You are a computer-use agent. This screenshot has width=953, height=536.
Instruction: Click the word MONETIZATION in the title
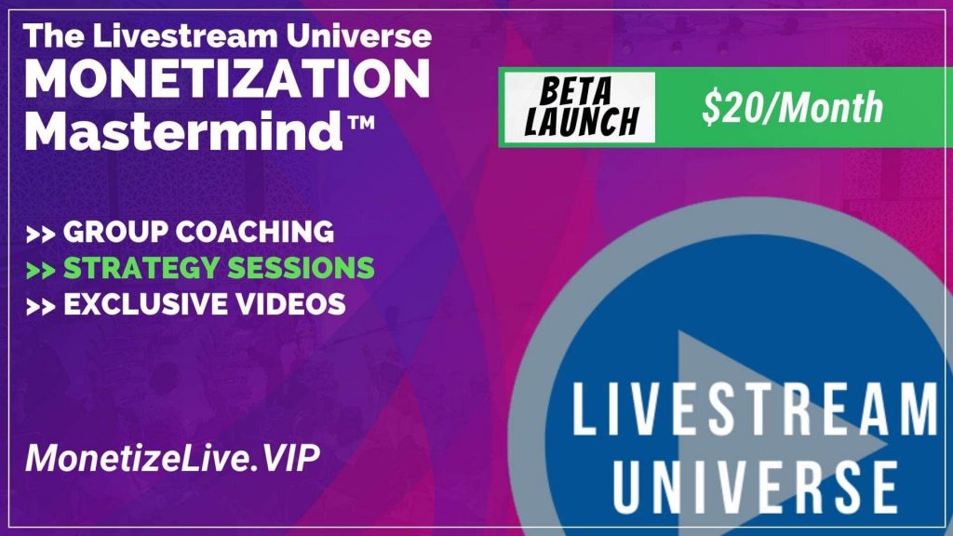coord(227,79)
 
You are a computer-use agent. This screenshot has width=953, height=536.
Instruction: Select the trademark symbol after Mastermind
coord(361,124)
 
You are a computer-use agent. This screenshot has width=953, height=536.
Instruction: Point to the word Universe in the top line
coord(359,36)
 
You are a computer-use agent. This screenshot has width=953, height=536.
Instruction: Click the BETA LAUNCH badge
coord(580,108)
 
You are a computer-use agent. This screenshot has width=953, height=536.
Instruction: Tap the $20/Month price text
coord(792,108)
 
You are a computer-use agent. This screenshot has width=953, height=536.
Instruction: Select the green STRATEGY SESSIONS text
coord(219,268)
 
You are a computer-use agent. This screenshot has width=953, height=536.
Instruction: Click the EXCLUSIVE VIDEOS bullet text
coord(205,304)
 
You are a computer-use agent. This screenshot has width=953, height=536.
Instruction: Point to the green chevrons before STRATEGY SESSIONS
coord(41,270)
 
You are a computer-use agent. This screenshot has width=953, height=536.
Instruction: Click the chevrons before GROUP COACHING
coord(41,234)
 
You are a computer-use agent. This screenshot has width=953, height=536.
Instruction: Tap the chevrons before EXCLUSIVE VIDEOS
coord(41,306)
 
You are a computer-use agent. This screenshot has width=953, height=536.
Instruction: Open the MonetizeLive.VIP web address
coord(172,458)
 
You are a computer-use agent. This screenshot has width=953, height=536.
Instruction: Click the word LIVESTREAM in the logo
coord(755,409)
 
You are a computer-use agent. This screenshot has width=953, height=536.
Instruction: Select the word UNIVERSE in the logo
coord(755,487)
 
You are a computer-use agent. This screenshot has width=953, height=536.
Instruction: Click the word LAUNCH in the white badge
coord(582,122)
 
